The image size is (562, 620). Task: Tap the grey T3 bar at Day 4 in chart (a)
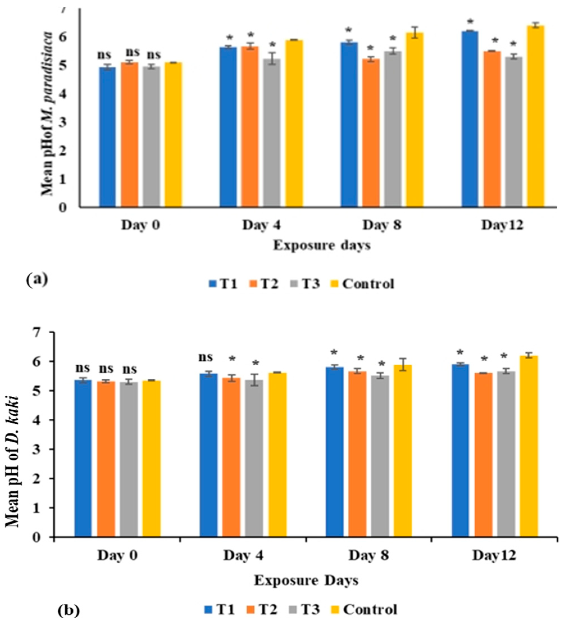pyautogui.click(x=272, y=133)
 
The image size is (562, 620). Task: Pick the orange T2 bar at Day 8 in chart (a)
pyautogui.click(x=371, y=133)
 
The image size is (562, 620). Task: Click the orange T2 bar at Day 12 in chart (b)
pyautogui.click(x=483, y=455)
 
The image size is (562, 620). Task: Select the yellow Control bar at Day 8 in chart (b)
pyautogui.click(x=403, y=451)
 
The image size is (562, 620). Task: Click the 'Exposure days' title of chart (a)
pyautogui.click(x=322, y=246)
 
